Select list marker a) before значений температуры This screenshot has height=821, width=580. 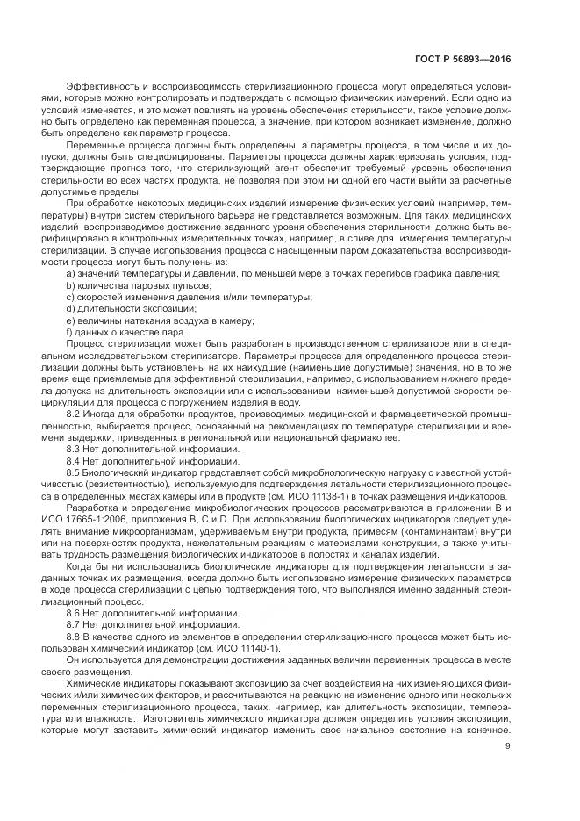[x=70, y=275]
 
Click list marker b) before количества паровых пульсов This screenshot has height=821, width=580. [x=70, y=286]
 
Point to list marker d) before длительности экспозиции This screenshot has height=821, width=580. [x=70, y=309]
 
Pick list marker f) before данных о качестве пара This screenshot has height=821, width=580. [x=69, y=332]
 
